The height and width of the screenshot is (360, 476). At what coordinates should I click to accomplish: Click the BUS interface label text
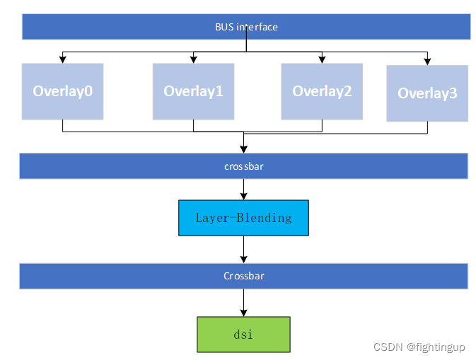(x=246, y=27)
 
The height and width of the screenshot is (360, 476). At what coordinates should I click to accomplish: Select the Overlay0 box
(x=62, y=91)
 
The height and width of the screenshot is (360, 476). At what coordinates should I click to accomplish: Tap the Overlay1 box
(x=193, y=91)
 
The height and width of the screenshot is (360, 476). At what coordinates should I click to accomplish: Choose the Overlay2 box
(x=322, y=91)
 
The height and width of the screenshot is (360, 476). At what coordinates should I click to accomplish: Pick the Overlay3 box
(x=426, y=93)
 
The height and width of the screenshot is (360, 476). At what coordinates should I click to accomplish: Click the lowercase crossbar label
(x=243, y=166)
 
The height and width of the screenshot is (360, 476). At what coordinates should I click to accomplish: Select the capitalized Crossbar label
(x=243, y=276)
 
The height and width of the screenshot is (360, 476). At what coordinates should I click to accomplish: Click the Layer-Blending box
(x=243, y=217)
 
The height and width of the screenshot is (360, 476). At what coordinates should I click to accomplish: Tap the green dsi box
(x=243, y=334)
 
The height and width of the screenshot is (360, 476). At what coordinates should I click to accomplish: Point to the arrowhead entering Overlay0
(x=63, y=59)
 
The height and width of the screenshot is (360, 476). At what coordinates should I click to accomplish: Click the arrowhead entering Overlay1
(x=193, y=59)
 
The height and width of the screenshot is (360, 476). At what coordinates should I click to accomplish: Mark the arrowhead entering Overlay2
(x=322, y=59)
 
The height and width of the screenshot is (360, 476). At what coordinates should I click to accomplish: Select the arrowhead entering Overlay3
(x=427, y=61)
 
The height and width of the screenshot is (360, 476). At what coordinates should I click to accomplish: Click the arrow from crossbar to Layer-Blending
(x=243, y=189)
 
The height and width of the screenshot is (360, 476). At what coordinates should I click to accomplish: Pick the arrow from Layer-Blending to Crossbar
(x=243, y=249)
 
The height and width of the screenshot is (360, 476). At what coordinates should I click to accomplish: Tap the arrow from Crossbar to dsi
(x=243, y=302)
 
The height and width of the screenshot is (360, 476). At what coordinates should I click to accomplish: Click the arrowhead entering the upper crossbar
(x=243, y=149)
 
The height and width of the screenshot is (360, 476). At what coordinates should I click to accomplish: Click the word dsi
(x=243, y=334)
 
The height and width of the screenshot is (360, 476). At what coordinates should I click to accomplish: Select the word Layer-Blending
(x=243, y=217)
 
